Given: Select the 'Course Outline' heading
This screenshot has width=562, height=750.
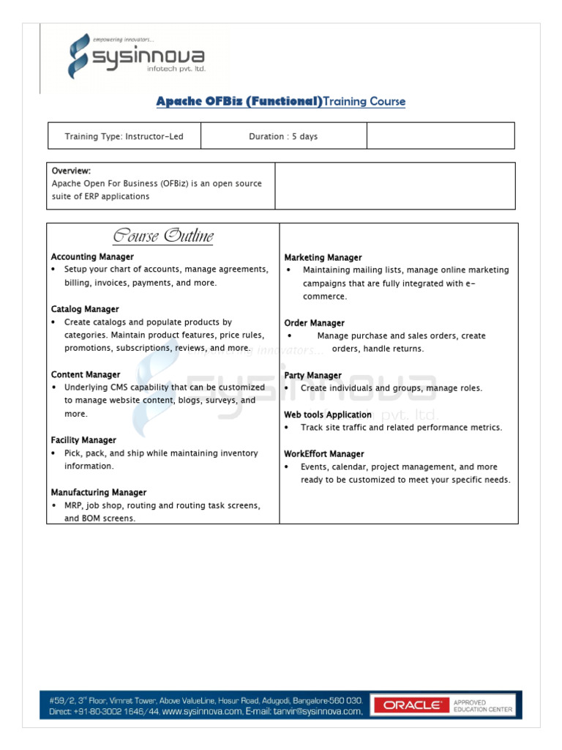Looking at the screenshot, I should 162,236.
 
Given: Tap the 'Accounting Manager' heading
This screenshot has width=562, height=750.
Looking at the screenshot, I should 92,257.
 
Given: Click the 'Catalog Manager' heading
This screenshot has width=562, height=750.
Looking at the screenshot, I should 85,309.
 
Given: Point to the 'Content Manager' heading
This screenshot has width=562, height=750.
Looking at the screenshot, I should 86,374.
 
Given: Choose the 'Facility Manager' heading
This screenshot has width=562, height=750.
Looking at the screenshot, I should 83,440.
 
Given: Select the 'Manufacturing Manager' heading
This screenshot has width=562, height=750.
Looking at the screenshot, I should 99,492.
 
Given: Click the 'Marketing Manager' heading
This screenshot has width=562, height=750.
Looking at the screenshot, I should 323,258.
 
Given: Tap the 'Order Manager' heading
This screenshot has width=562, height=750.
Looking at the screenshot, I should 314,323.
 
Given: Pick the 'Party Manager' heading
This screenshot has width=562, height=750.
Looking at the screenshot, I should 312,375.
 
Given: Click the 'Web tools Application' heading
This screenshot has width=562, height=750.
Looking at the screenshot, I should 327,415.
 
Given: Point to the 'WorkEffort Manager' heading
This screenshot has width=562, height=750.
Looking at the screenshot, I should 323,454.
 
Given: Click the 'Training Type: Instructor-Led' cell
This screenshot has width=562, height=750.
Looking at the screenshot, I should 124,136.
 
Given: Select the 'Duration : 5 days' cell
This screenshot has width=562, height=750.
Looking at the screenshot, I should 283,136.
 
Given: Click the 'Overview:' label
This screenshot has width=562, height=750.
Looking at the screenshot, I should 71,171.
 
